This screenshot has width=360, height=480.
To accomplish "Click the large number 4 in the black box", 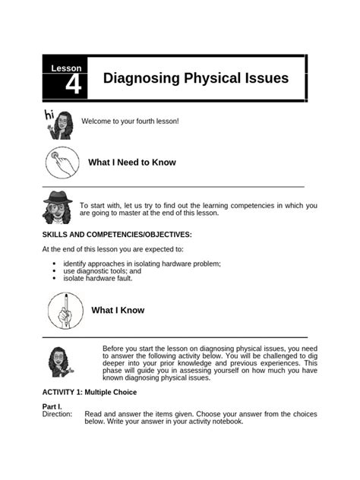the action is click(73, 86).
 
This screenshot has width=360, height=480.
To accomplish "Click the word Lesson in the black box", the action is click(65, 68).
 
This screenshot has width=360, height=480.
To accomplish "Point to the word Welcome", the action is click(96, 122).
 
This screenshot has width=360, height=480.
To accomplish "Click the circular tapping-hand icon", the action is click(63, 163).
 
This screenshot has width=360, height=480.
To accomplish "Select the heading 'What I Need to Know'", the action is click(132, 163).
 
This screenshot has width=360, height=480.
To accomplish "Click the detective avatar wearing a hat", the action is click(58, 207).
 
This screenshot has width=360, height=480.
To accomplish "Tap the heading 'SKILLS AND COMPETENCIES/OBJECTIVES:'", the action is click(117, 235).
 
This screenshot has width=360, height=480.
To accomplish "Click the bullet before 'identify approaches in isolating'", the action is click(54, 264).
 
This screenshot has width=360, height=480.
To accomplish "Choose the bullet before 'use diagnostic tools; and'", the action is click(54, 270).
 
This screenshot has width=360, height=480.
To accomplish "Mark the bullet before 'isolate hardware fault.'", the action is click(54, 278).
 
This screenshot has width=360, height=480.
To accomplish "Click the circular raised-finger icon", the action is click(65, 310).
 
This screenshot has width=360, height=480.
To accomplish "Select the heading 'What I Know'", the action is click(118, 310).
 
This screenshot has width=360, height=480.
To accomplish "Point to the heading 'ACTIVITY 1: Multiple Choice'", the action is click(89, 393).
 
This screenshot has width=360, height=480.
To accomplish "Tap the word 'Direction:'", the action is click(57, 415).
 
